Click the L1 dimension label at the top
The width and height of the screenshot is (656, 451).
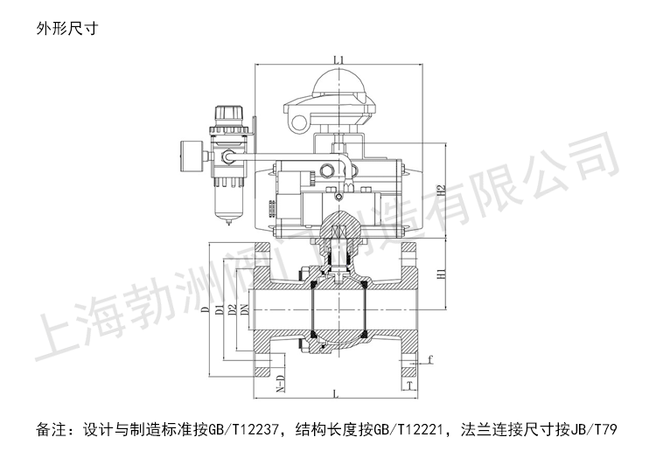click(x=338, y=59)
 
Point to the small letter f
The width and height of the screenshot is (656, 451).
click(x=431, y=357)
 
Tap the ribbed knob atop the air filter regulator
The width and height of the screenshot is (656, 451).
click(x=229, y=114)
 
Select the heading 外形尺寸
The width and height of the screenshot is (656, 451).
click(x=65, y=27)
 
